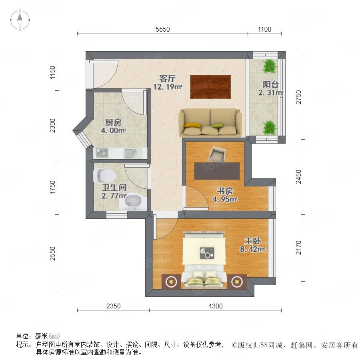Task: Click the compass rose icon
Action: (20, 20)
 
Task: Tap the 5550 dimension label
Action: (162, 29)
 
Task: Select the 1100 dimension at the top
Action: (264, 29)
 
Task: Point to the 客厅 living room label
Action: (167, 79)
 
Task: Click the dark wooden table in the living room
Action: (210, 87)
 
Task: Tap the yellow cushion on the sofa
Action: (192, 125)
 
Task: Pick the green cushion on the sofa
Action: (218, 125)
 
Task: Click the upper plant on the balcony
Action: (270, 66)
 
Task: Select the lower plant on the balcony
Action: (270, 128)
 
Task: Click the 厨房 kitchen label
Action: (113, 122)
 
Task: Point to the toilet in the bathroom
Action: (104, 176)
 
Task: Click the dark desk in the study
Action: (217, 171)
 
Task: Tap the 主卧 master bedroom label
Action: (252, 241)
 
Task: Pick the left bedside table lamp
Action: (170, 281)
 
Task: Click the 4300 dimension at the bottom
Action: (215, 306)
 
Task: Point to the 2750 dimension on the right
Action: (298, 97)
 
